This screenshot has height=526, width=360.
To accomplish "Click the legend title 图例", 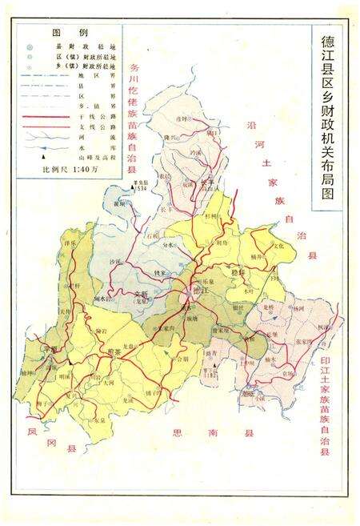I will [x=64, y=33].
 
